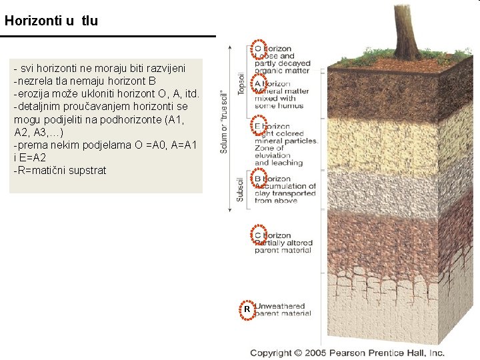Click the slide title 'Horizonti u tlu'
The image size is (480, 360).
(x=51, y=21)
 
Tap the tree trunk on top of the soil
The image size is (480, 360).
(x=406, y=30)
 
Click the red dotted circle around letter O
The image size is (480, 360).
(x=260, y=49)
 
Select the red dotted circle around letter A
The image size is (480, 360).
(x=260, y=83)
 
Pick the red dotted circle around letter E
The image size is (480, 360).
(x=260, y=126)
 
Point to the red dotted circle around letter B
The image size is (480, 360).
(x=260, y=179)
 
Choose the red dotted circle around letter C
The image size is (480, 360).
(x=260, y=235)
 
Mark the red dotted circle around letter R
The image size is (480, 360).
(x=247, y=310)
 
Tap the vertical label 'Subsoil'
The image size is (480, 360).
(x=241, y=189)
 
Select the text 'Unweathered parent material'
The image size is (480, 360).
(x=283, y=310)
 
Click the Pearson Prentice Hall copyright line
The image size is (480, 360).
(x=347, y=353)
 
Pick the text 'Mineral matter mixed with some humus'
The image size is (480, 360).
(x=281, y=99)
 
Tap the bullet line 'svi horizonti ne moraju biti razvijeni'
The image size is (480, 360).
(x=99, y=68)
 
